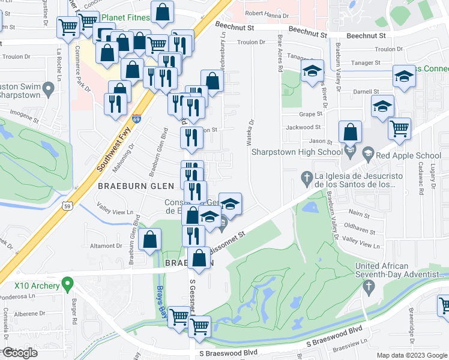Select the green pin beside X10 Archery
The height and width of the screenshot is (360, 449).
[68, 281]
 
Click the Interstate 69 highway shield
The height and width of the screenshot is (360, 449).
[136, 119]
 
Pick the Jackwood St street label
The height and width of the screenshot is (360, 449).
[303, 127]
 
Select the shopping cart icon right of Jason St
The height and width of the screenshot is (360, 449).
[399, 128]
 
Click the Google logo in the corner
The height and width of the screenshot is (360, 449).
[19, 353]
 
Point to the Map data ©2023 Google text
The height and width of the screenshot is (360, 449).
[411, 355]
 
